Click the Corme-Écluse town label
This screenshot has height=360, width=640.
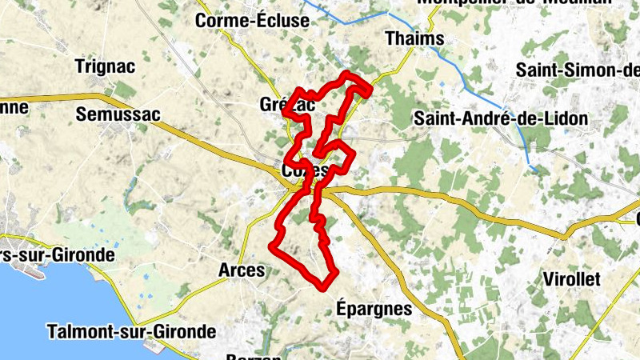click(x=252, y=22)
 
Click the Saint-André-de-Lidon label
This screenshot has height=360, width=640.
click(x=500, y=118)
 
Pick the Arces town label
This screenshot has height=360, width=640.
click(x=241, y=270)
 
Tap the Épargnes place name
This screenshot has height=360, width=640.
click(x=374, y=308)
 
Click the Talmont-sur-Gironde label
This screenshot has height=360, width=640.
click(x=131, y=330)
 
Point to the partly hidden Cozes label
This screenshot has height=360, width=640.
click(x=305, y=171)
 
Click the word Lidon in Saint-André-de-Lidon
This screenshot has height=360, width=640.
click(x=565, y=118)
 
